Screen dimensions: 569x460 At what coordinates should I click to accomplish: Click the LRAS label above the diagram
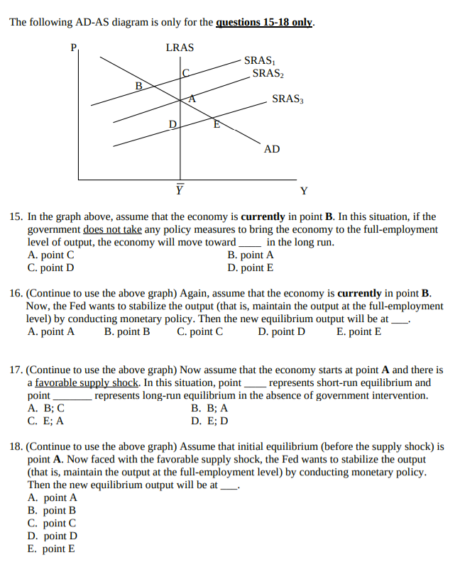[x=180, y=48]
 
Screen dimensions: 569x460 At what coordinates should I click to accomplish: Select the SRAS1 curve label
[x=258, y=61]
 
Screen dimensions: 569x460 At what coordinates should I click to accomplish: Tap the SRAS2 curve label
[x=266, y=73]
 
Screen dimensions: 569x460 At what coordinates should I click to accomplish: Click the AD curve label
[x=272, y=149]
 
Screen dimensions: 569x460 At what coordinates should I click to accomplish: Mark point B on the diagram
[x=139, y=87]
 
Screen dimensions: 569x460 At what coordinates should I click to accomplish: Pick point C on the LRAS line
[x=186, y=72]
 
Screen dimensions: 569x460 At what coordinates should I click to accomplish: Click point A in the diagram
[x=192, y=100]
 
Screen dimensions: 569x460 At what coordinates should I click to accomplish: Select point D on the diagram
[x=172, y=126]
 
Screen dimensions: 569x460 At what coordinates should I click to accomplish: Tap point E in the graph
[x=217, y=125]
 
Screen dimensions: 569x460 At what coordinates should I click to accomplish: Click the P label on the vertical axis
[x=72, y=48]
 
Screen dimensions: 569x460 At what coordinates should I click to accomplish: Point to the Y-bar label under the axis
[x=180, y=189]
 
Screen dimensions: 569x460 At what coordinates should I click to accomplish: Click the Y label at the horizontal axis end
[x=304, y=190]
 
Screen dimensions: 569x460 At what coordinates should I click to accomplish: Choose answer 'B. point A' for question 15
[x=251, y=255]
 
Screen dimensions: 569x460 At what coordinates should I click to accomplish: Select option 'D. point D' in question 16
[x=282, y=331]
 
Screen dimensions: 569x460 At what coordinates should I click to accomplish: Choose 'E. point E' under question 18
[x=51, y=548]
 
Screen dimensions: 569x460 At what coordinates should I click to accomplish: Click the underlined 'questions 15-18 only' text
[x=263, y=22]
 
